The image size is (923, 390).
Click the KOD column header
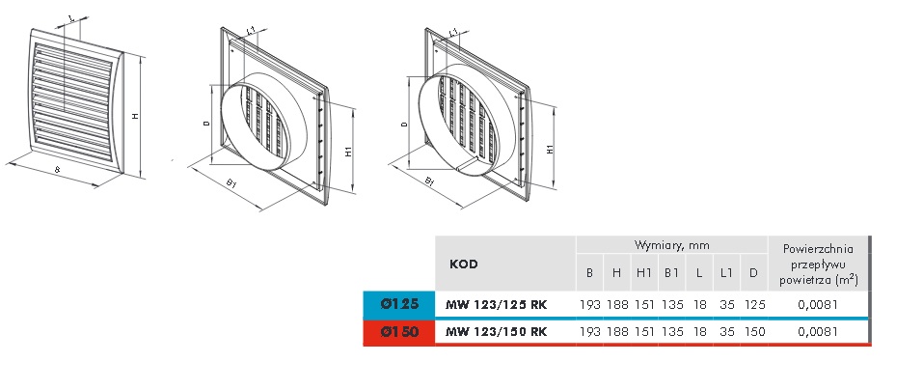click(x=464, y=264)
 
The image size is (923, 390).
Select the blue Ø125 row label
click(x=399, y=304)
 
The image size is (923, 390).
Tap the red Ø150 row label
click(x=399, y=332)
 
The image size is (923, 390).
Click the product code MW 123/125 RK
click(x=497, y=305)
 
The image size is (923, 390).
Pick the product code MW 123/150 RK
click(x=497, y=332)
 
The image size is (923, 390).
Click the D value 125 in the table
click(x=754, y=305)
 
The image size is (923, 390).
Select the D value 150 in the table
click(x=754, y=332)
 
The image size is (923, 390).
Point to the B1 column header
click(x=671, y=273)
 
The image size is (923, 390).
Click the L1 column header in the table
click(x=727, y=273)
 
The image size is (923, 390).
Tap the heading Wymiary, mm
click(x=671, y=245)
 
